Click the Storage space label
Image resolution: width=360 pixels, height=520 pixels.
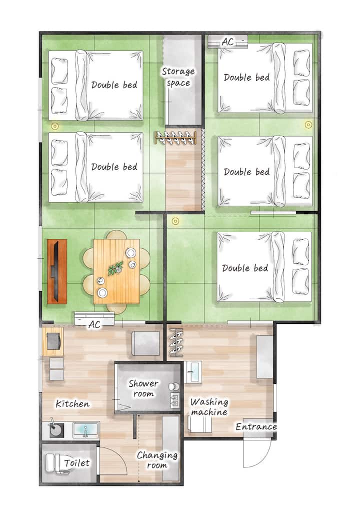(x=178, y=77)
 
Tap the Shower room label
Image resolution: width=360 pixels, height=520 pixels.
(x=143, y=388)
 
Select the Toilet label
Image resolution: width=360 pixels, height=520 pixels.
(x=77, y=462)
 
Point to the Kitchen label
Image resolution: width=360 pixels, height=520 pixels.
(x=72, y=403)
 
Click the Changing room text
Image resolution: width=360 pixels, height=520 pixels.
(x=157, y=460)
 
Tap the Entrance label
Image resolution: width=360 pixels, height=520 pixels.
(x=256, y=426)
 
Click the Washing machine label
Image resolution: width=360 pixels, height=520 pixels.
(x=209, y=407)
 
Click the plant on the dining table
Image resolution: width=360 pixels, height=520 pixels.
(x=115, y=268)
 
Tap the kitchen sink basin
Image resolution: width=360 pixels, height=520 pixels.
(x=86, y=430)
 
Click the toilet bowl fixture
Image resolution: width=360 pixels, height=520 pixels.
(x=54, y=463)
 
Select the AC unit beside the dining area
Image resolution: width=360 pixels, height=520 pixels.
(x=94, y=319)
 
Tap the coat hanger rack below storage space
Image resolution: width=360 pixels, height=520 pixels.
(x=175, y=137)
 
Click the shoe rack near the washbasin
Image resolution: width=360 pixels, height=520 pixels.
(x=175, y=342)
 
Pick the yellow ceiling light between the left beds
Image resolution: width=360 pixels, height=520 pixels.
(x=54, y=126)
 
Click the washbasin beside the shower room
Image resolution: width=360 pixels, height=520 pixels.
(x=193, y=372)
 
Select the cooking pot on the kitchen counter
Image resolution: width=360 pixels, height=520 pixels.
(x=56, y=429)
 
